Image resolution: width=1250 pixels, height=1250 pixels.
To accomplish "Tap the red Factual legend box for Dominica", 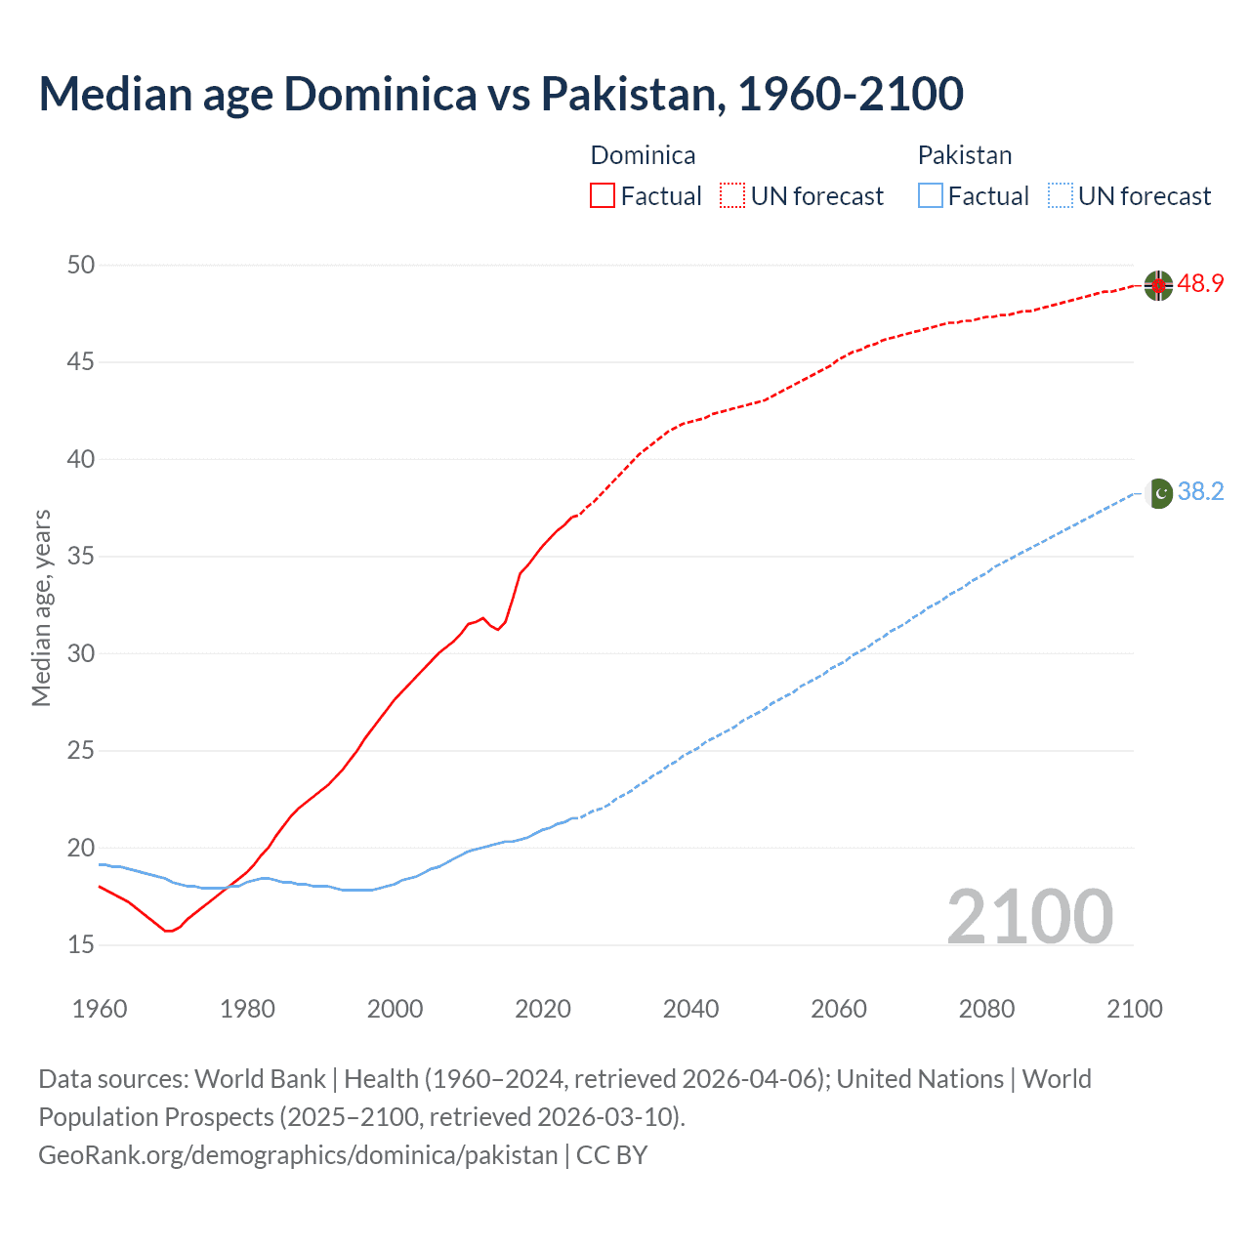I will pos(603,196).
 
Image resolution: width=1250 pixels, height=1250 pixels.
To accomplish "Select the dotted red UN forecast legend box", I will pos(732,196).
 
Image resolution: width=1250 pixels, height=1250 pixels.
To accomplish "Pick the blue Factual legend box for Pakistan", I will pos(931,196).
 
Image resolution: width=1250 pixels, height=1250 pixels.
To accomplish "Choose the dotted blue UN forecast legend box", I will pos(1060,196).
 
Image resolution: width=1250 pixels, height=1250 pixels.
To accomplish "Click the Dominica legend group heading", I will pos(643,155).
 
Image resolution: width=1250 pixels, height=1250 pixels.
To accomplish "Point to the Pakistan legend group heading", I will pos(964,155).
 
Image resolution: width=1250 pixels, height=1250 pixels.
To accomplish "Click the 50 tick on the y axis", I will pos(82,265).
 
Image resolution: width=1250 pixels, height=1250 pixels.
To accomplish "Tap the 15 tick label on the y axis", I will pos(82,944).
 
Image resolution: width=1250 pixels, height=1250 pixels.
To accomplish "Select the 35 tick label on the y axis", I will pos(82,557).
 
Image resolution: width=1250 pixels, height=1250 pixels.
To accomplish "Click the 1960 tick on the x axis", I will pos(100,1009).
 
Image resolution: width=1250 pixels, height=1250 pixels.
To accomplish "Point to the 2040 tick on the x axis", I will pos(690,1009).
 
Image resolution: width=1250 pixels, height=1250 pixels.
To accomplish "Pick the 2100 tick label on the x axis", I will pos(1134,1009).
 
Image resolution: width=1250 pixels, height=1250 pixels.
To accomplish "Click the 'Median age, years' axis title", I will pos(41,606).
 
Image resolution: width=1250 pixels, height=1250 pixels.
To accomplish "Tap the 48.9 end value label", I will pos(1200,284).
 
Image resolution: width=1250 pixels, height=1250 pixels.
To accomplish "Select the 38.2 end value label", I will pos(1200,491).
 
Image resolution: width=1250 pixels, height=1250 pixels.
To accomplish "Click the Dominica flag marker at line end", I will pos(1158,285).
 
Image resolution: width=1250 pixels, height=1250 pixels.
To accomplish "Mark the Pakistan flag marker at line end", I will pos(1158,493).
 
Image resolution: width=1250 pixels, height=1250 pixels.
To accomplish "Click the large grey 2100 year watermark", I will pos(1029,916).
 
